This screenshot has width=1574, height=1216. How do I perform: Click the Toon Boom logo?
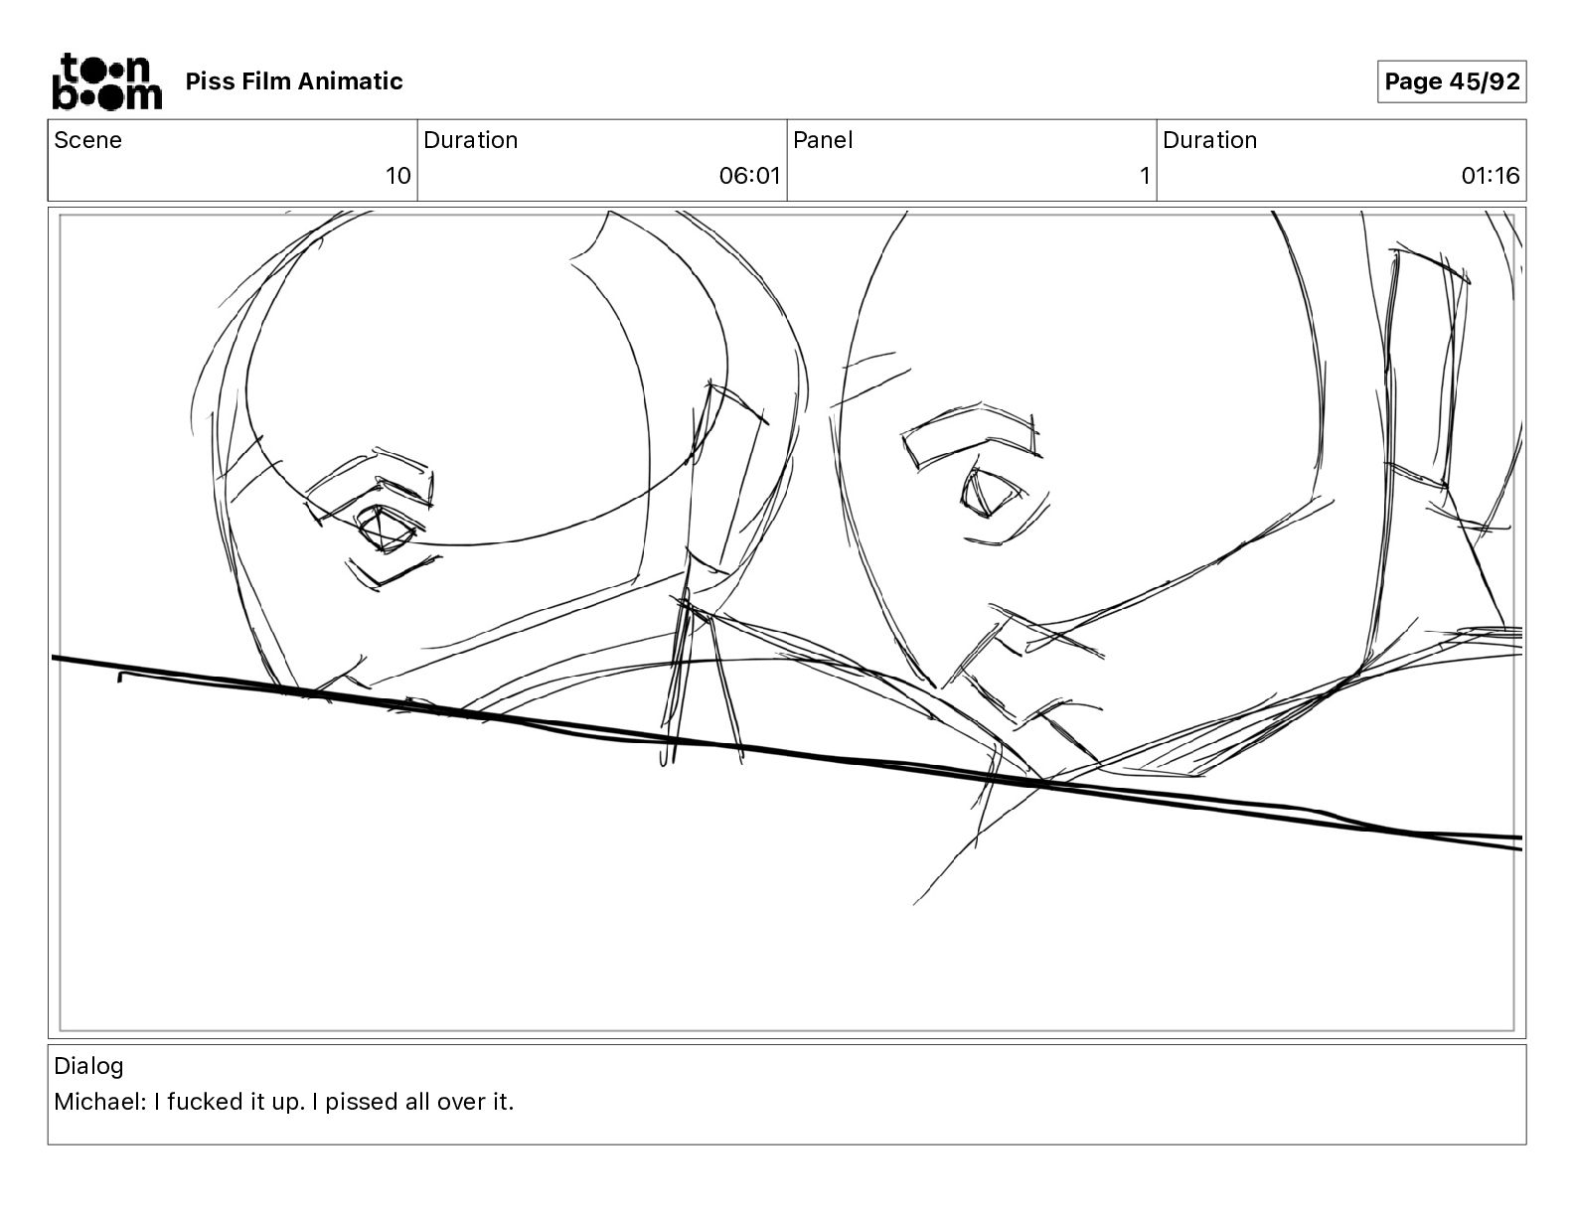coord(107,81)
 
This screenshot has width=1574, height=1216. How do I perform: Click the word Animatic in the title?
coord(350,81)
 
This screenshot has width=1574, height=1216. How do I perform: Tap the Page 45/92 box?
coord(1452,81)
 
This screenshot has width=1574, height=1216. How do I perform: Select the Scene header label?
coord(87,140)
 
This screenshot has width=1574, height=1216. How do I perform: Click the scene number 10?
coord(397,176)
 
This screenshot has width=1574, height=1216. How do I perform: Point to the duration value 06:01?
coord(749,176)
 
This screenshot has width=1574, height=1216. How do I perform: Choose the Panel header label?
coord(823,140)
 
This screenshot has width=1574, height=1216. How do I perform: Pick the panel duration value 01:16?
coord(1490,176)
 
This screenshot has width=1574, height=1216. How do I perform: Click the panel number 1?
coord(1145,176)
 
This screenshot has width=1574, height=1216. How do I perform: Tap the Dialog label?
coord(88,1066)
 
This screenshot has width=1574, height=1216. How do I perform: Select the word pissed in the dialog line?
coord(362,1103)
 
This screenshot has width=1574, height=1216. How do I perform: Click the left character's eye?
coord(384,529)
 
